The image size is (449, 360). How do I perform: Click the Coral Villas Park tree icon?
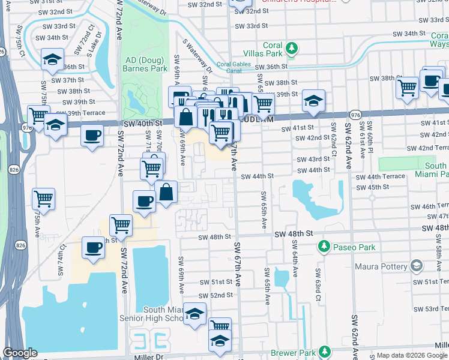pos(292,47)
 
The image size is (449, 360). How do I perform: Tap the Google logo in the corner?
pos(20,353)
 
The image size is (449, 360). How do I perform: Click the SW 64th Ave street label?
pos(294,259)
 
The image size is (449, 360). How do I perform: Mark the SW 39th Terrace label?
pos(80,113)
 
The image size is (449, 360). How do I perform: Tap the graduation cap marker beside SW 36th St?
pos(52,59)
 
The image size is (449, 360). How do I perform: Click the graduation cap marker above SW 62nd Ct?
pos(313,100)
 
